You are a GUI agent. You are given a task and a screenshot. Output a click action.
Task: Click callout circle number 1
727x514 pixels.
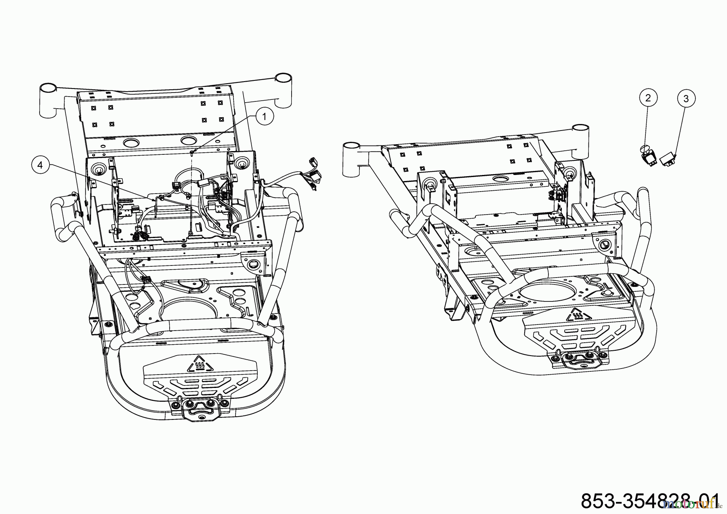265,117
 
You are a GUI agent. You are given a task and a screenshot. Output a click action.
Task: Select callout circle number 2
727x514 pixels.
648,97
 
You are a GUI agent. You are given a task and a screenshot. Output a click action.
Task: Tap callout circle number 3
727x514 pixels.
686,98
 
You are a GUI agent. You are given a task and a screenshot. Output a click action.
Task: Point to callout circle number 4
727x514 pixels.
40,164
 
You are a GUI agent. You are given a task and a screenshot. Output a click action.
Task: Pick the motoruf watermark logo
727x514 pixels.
691,504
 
